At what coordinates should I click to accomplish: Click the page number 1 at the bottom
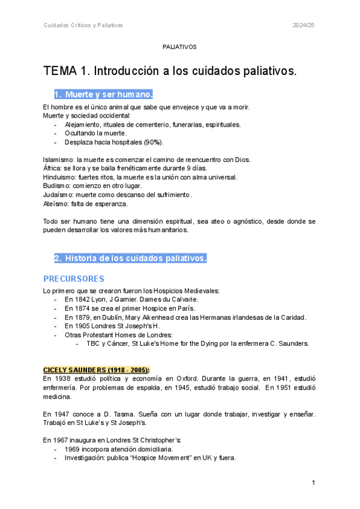(x=313, y=483)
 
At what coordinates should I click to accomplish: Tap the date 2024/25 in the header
(x=304, y=25)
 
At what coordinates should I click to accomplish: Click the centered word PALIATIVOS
(x=179, y=46)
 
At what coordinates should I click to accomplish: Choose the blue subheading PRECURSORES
(x=74, y=279)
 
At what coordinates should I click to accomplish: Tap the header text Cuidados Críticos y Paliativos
(x=83, y=25)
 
